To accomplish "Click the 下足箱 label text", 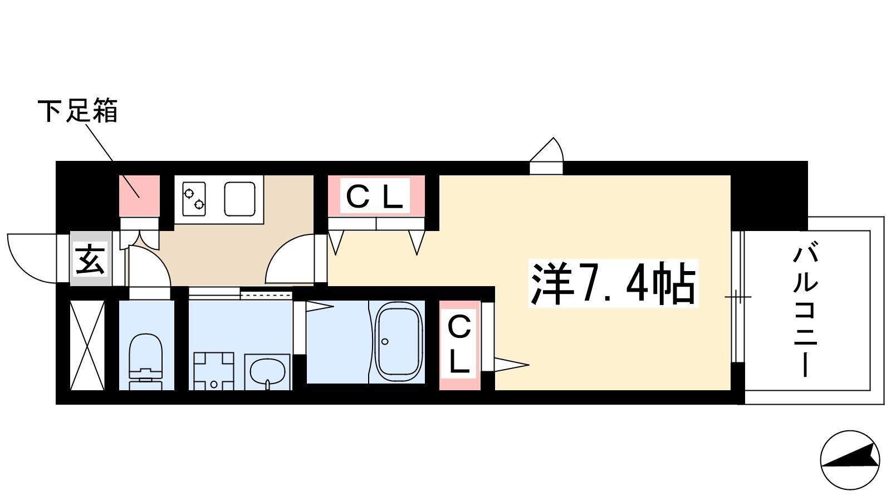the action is (x=77, y=111).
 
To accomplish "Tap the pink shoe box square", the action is (x=140, y=196).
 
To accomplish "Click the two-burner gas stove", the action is (x=194, y=199).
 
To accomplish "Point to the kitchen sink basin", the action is (x=239, y=199).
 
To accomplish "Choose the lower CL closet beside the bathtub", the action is (x=460, y=345).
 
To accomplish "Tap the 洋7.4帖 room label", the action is (x=613, y=283).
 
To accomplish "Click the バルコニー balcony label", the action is (x=805, y=311).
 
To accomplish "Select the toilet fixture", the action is (x=145, y=357).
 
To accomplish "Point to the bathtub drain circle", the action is (x=385, y=342).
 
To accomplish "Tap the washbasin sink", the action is (x=267, y=372).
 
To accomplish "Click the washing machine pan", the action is (x=214, y=371).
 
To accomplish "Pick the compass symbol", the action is (x=850, y=460).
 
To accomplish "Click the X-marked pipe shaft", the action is (x=87, y=345).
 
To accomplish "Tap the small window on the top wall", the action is (x=546, y=156).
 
